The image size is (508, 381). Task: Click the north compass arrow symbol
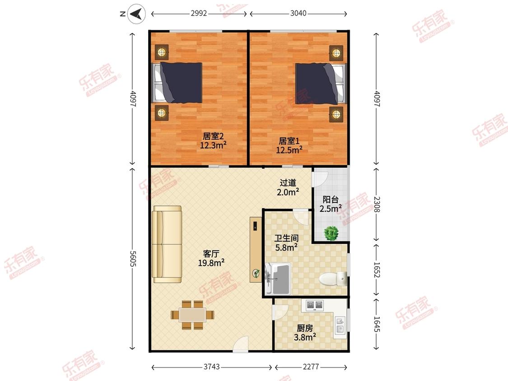tap(136, 14)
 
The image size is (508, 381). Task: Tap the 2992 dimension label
tap(199, 13)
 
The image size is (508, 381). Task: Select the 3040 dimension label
tap(298, 13)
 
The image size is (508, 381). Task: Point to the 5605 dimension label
tap(132, 259)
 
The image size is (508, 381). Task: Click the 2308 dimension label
tap(377, 204)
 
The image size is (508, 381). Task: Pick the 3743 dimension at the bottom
tap(212, 367)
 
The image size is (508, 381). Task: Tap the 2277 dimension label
tap(311, 367)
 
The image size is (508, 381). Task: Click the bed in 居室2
tap(177, 83)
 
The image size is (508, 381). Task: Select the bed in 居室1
tap(321, 84)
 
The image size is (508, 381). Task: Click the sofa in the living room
tap(167, 244)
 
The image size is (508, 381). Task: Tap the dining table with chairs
tap(193, 315)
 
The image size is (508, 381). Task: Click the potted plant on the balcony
tap(331, 233)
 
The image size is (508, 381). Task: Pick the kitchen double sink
tap(340, 325)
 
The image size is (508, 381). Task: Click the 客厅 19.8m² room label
tap(211, 258)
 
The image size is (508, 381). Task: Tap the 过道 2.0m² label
tap(288, 187)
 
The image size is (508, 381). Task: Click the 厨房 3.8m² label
tap(305, 333)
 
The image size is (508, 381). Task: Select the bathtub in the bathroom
tap(278, 279)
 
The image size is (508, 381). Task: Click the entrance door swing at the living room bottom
tap(240, 344)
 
